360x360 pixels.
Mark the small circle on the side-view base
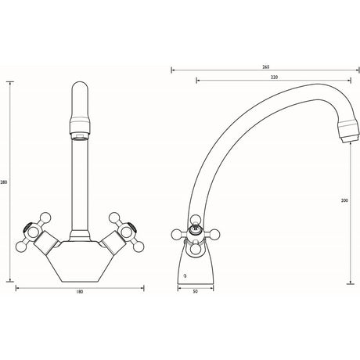point(185,275)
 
